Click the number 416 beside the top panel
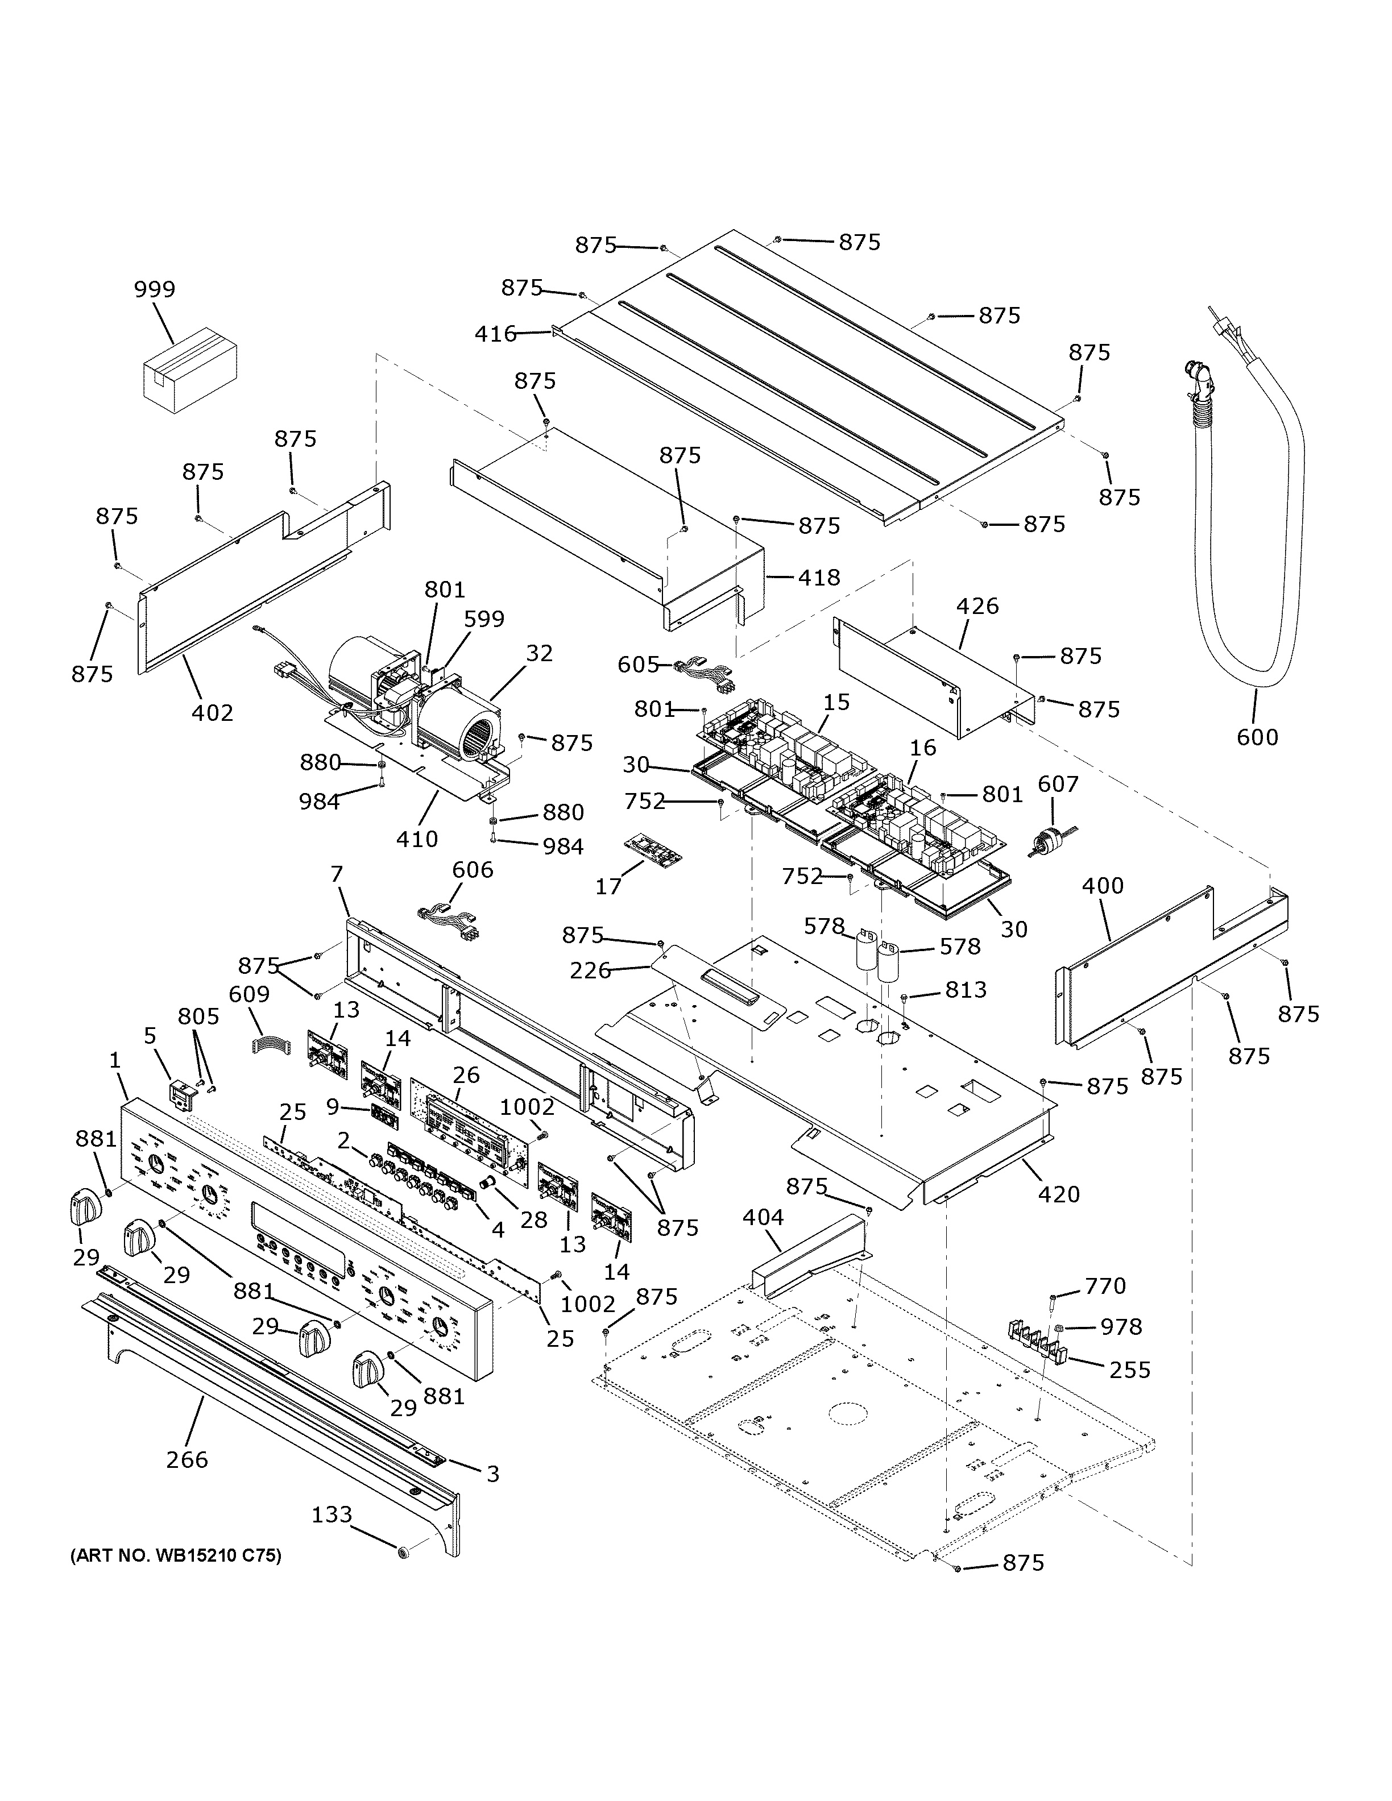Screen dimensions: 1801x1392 pyautogui.click(x=496, y=334)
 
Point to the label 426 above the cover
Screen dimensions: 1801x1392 pyautogui.click(x=977, y=606)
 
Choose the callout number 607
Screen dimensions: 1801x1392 pyautogui.click(x=1058, y=784)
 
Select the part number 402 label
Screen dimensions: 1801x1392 pyautogui.click(x=213, y=712)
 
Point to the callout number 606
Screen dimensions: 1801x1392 pyautogui.click(x=473, y=869)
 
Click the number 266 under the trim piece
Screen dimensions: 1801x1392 pyautogui.click(x=187, y=1459)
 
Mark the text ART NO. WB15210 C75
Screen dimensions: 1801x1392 pyautogui.click(x=175, y=1557)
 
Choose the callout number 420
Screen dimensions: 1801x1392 pyautogui.click(x=1059, y=1193)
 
